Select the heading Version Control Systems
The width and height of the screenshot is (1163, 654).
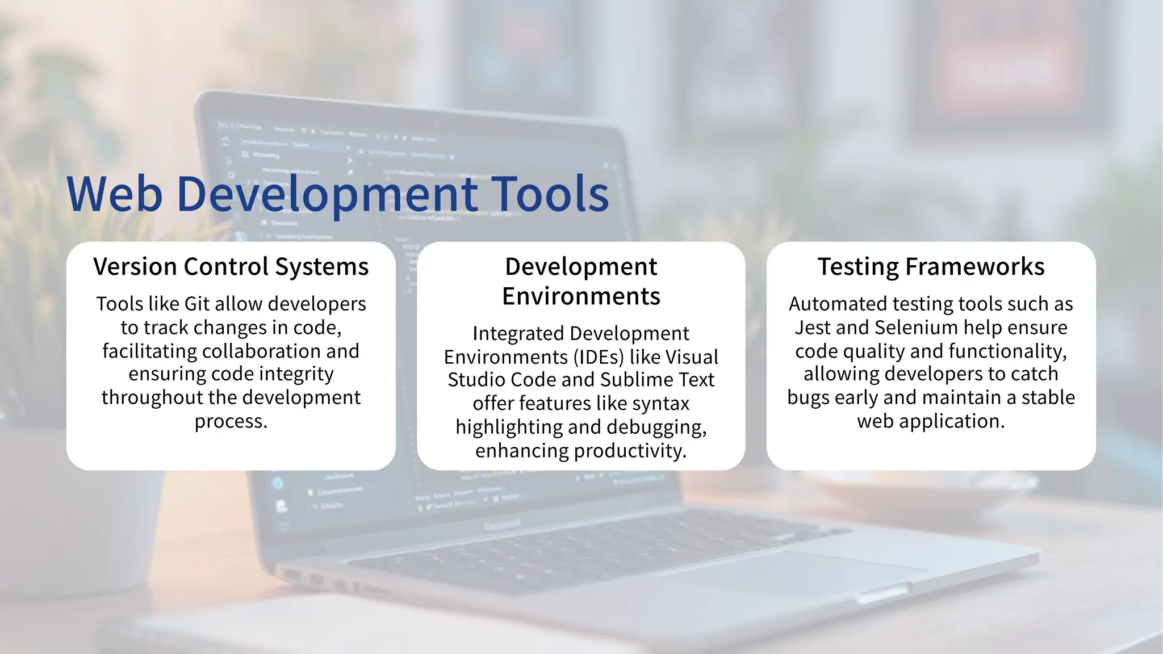[x=231, y=267]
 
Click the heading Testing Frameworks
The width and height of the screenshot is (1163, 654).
[x=931, y=267]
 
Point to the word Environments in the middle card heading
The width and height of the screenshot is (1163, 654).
[x=581, y=296]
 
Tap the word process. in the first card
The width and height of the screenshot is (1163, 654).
[x=231, y=421]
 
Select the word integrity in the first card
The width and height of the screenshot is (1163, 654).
[x=296, y=374]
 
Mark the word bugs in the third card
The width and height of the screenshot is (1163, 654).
[x=808, y=398]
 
